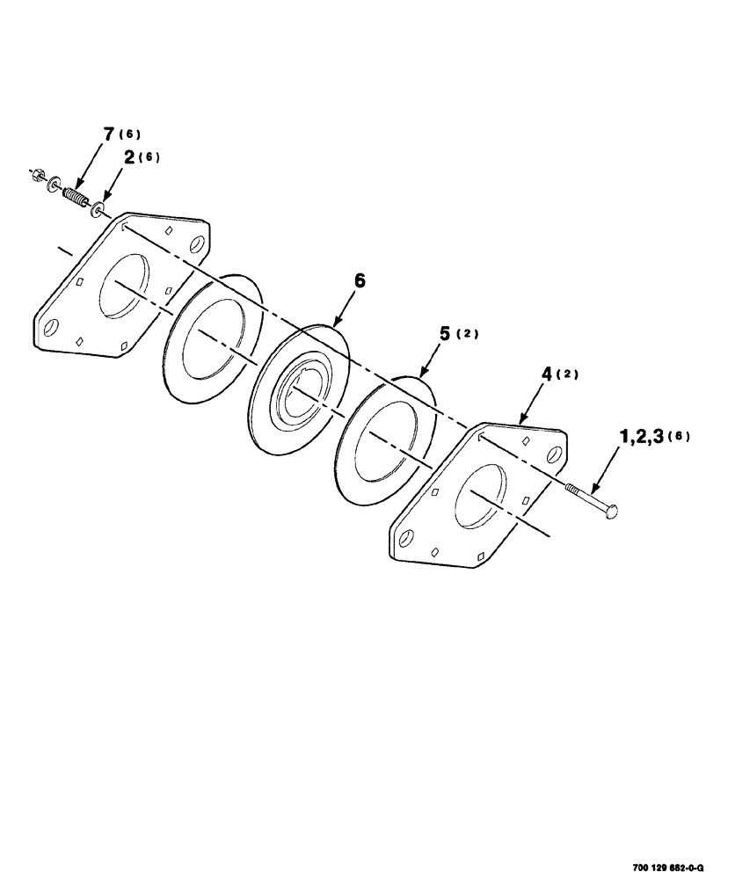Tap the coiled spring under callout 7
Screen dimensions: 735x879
pos(76,194)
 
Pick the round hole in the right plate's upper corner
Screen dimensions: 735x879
pos(556,454)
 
